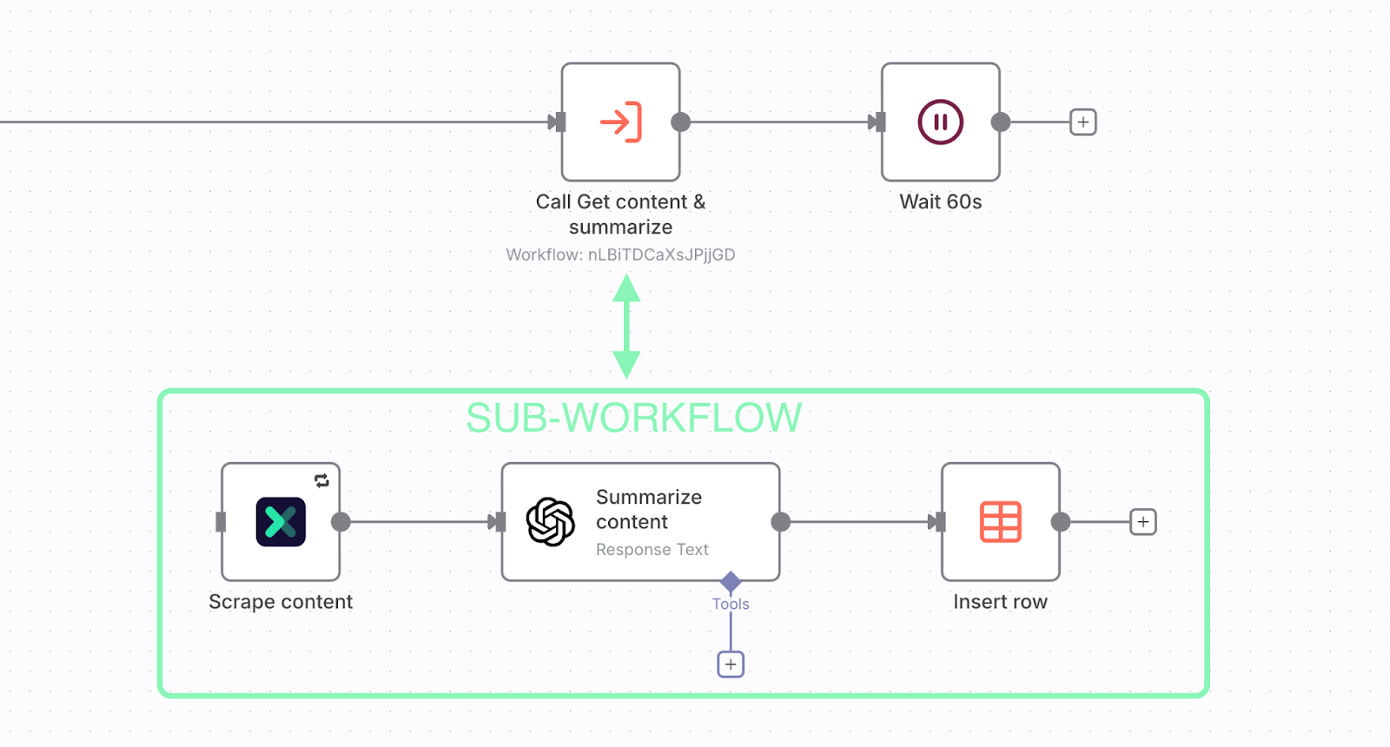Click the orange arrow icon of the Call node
[x=620, y=122]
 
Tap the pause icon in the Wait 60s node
[x=940, y=122]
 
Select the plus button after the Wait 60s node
[x=1082, y=122]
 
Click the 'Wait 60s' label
[x=940, y=202]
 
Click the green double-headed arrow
[x=626, y=326]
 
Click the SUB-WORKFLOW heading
[x=633, y=418]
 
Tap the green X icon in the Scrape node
[x=281, y=522]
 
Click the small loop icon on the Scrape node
[x=321, y=480]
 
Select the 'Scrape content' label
[x=281, y=602]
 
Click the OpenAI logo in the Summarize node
[x=551, y=522]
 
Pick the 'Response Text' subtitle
[x=652, y=550]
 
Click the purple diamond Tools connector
[x=731, y=581]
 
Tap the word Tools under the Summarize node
[x=731, y=604]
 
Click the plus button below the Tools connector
[x=731, y=664]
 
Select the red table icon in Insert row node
[x=1000, y=522]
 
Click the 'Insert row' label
[x=1000, y=602]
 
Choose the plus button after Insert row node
[x=1142, y=522]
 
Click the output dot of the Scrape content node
[x=341, y=522]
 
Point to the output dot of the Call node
[x=681, y=122]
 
